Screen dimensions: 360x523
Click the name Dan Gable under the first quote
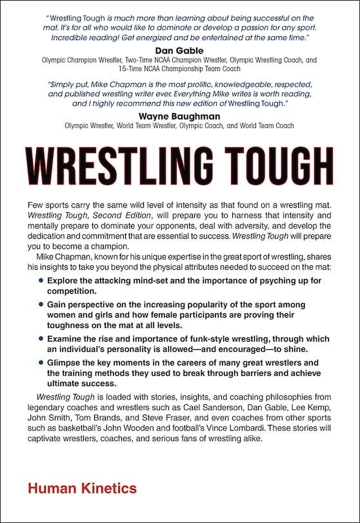pos(180,50)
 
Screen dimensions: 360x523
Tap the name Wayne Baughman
pos(180,116)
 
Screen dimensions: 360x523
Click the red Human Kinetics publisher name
pos(82,489)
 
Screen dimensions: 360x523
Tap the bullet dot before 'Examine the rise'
pos(41,338)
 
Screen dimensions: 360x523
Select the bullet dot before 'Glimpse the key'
pos(41,362)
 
